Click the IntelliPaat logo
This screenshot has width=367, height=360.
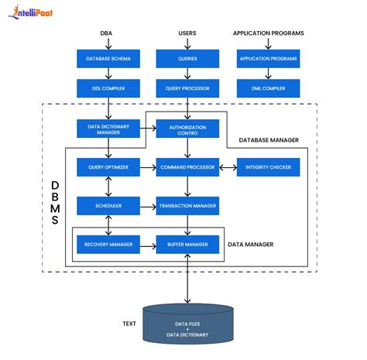click(35, 12)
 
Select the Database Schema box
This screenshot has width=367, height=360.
click(108, 59)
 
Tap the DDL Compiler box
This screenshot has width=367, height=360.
click(108, 89)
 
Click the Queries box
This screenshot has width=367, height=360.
click(187, 59)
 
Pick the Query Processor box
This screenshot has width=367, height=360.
click(187, 89)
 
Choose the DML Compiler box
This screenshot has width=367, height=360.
click(268, 89)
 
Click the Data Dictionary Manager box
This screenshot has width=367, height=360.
click(108, 129)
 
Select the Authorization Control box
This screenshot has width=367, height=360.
click(187, 129)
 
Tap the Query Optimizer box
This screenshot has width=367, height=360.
click(108, 167)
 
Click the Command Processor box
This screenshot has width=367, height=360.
click(187, 167)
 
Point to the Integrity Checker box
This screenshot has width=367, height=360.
click(268, 167)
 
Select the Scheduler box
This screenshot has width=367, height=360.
click(108, 206)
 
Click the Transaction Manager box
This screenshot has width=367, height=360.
click(187, 206)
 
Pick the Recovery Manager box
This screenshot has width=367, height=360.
click(108, 245)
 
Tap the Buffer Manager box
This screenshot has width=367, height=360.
click(187, 245)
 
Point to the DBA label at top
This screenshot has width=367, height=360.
click(106, 34)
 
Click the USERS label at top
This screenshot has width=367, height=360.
click(187, 34)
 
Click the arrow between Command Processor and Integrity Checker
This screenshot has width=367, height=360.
click(228, 167)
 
